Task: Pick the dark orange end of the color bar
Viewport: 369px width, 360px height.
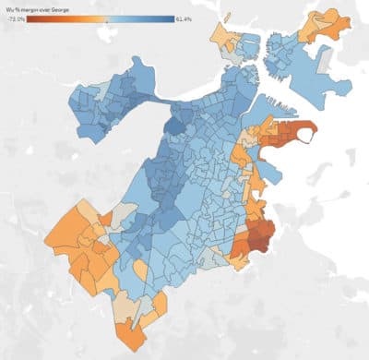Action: (30, 17)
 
